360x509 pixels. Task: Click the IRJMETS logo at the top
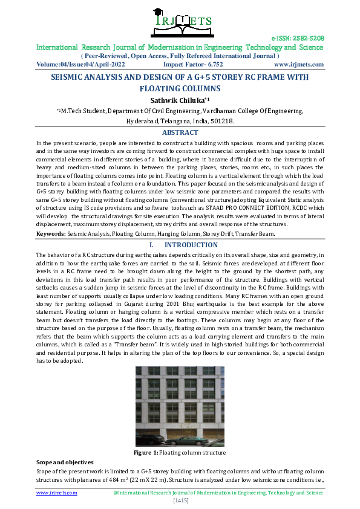tap(179, 22)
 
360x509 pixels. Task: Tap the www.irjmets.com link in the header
tap(299, 65)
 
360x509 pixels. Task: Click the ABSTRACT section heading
tap(180, 132)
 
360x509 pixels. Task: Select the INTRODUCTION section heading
tap(191, 245)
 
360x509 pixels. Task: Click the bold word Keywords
tap(50, 233)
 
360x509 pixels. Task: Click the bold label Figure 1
tap(145, 453)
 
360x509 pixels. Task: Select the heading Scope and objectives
tap(65, 461)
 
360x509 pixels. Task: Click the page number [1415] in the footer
tap(180, 501)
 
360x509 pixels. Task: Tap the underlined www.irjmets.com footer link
tap(57, 493)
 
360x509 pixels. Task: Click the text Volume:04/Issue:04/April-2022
tap(80, 65)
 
